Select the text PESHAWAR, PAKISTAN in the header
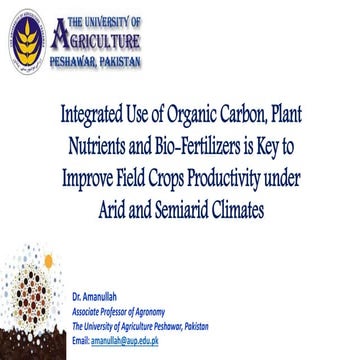click(x=95, y=62)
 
